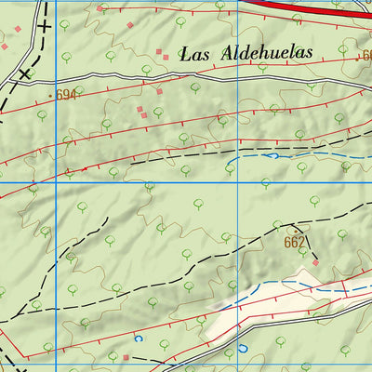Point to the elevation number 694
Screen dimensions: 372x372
pos(64,95)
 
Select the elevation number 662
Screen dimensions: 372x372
pos(295,243)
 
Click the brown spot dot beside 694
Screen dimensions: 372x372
pos(49,95)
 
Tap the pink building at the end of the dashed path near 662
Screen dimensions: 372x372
pos(315,263)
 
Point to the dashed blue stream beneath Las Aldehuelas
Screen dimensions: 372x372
pos(279,157)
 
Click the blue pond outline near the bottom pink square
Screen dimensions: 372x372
pos(140,339)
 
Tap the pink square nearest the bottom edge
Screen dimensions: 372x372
pos(126,356)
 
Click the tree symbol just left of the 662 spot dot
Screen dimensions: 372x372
pos(277,223)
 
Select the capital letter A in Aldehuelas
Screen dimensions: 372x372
pos(229,53)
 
